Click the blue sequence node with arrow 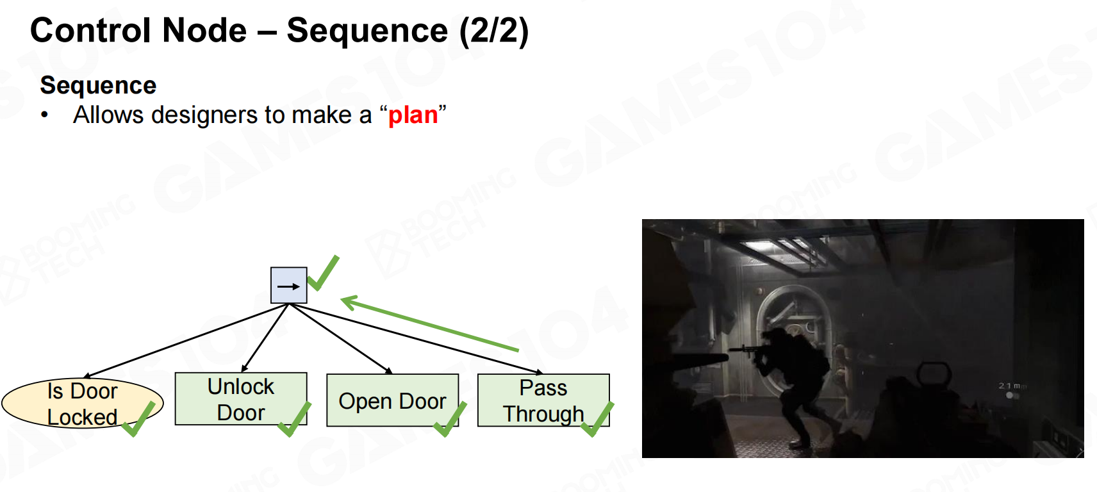(x=288, y=286)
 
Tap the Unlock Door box (x=240, y=399)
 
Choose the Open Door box (x=392, y=401)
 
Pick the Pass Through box (x=543, y=400)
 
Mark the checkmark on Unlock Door (x=295, y=420)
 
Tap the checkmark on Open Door (x=450, y=420)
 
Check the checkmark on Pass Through (x=597, y=420)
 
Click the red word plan (x=413, y=115)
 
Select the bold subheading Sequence (x=98, y=85)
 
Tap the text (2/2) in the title (x=494, y=31)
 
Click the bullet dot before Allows (x=44, y=115)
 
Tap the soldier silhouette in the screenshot (x=795, y=378)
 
